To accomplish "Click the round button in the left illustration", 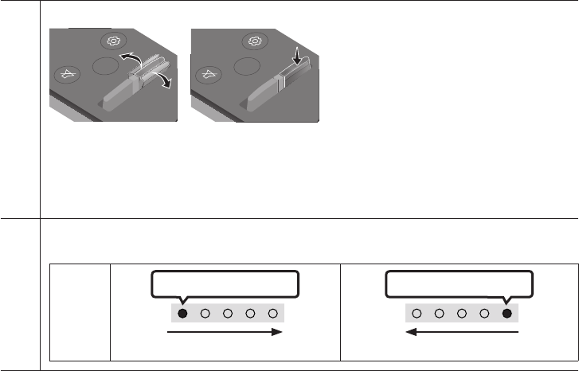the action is coord(103,67).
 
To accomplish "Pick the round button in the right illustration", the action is coord(248,66).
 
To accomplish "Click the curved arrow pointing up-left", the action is coord(128,62).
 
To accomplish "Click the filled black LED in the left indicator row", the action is coord(182,314).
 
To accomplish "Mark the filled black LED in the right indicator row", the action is coord(507,314).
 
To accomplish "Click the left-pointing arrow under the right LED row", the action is coord(464,334).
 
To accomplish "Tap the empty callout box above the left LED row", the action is coord(225,284).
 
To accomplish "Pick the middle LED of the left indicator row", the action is coord(228,314).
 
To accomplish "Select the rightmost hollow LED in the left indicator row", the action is coord(273,314).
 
